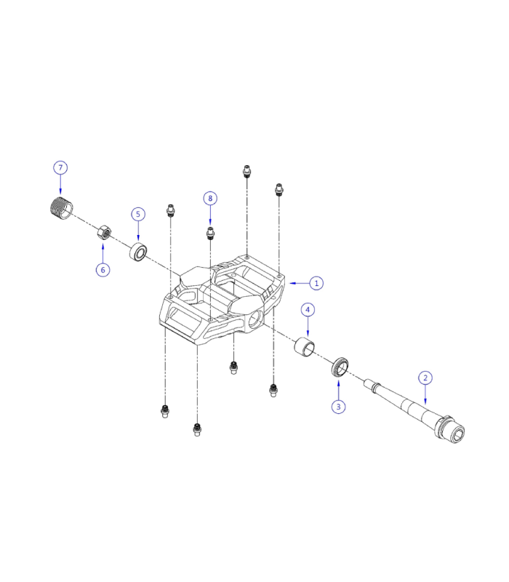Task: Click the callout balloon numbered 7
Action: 60,168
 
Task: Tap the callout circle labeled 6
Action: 103,269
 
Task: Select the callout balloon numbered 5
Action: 138,214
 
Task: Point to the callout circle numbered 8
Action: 210,198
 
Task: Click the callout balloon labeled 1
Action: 316,282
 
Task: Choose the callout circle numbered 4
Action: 308,310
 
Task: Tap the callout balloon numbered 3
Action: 338,407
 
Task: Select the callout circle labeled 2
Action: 426,378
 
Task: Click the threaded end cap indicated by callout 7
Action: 58,208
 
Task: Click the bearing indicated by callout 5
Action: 138,252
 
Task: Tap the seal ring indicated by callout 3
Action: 340,367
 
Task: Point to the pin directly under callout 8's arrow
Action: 210,233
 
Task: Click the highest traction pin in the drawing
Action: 247,172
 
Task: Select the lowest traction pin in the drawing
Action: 196,430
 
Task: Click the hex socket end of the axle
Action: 459,434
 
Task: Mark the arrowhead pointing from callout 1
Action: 291,282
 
